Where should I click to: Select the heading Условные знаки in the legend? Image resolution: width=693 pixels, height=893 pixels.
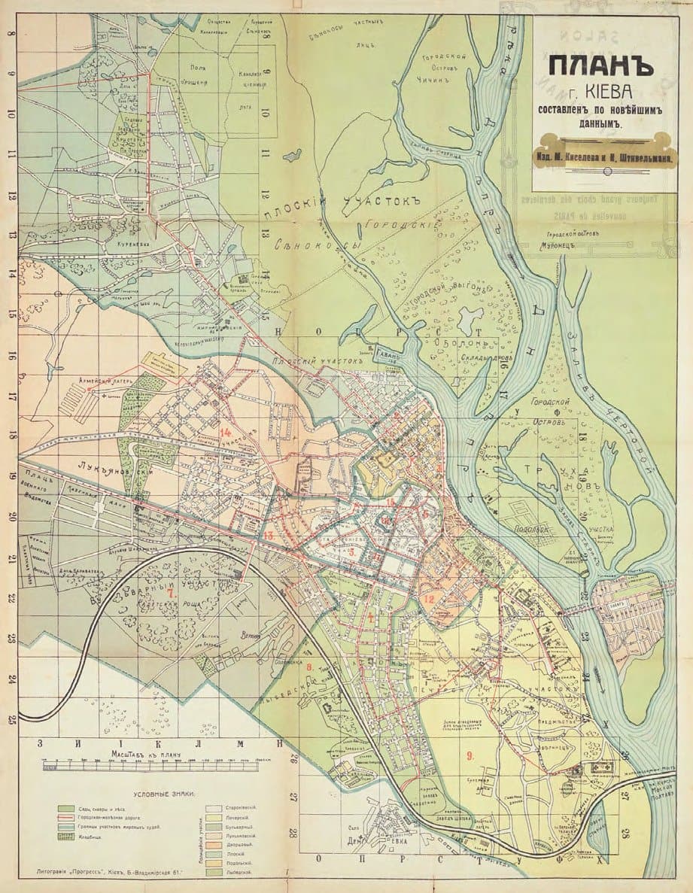pos(164,794)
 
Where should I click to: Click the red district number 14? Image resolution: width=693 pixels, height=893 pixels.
pos(226,432)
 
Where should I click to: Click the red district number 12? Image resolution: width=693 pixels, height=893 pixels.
pos(429,599)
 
